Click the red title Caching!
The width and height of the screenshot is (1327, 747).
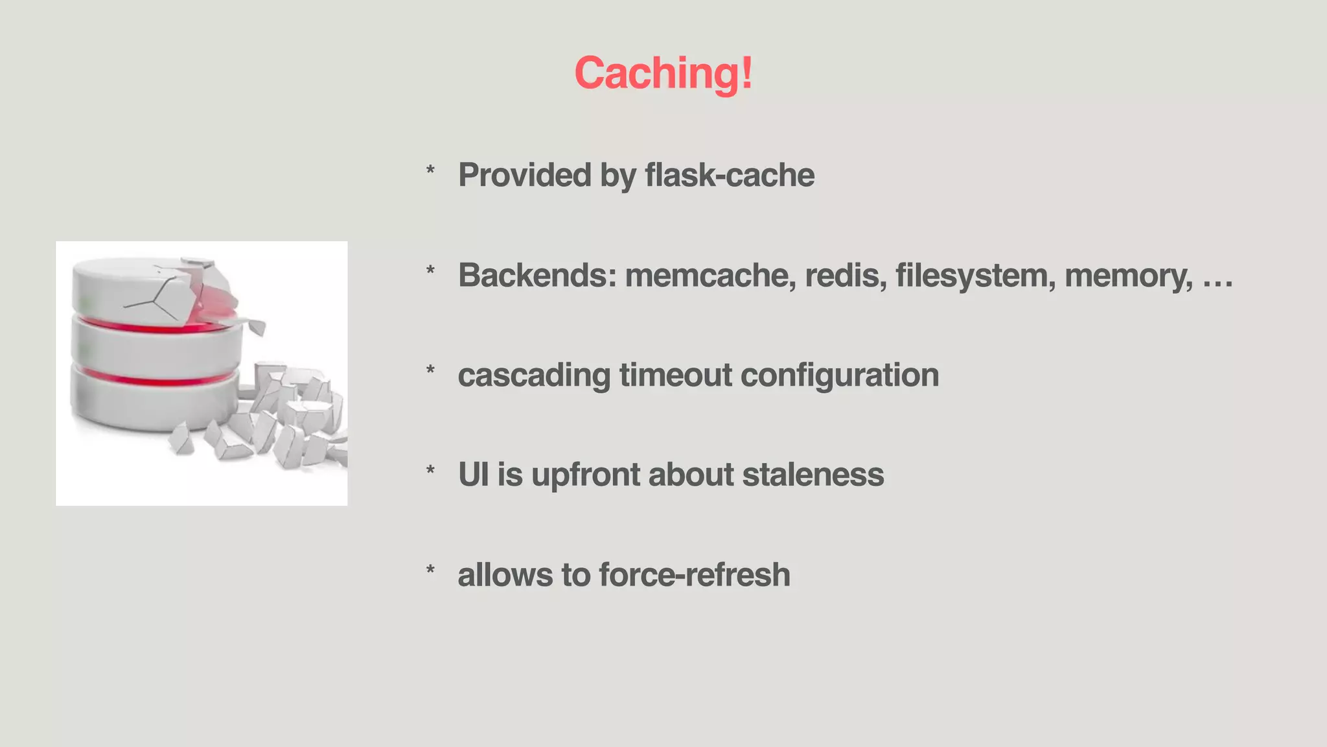click(x=663, y=73)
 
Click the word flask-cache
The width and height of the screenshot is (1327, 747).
click(x=730, y=175)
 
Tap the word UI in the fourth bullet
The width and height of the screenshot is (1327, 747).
click(x=473, y=475)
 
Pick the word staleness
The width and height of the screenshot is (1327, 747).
click(x=813, y=475)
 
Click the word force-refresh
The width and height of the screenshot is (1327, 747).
click(x=695, y=575)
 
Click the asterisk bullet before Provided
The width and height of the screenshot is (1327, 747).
click(x=430, y=171)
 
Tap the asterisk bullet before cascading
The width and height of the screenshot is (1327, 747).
click(x=430, y=371)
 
